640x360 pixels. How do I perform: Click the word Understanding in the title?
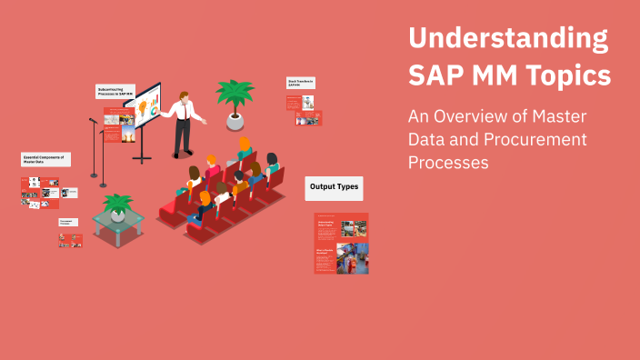tap(507, 39)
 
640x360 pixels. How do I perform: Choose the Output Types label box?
tap(334, 188)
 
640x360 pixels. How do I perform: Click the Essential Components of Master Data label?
tap(45, 160)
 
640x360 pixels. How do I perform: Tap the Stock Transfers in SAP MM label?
tap(301, 83)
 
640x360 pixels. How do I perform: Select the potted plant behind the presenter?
tap(234, 100)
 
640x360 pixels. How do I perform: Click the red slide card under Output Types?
tap(341, 244)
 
